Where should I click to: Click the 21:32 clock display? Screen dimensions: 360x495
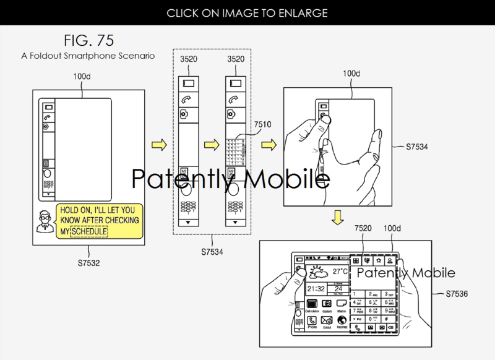tap(317, 288)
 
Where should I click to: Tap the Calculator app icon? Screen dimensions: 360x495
tap(312, 304)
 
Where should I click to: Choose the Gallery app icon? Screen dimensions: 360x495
tap(328, 304)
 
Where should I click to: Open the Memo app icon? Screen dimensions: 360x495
tap(343, 304)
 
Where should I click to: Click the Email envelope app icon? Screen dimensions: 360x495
tap(328, 321)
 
